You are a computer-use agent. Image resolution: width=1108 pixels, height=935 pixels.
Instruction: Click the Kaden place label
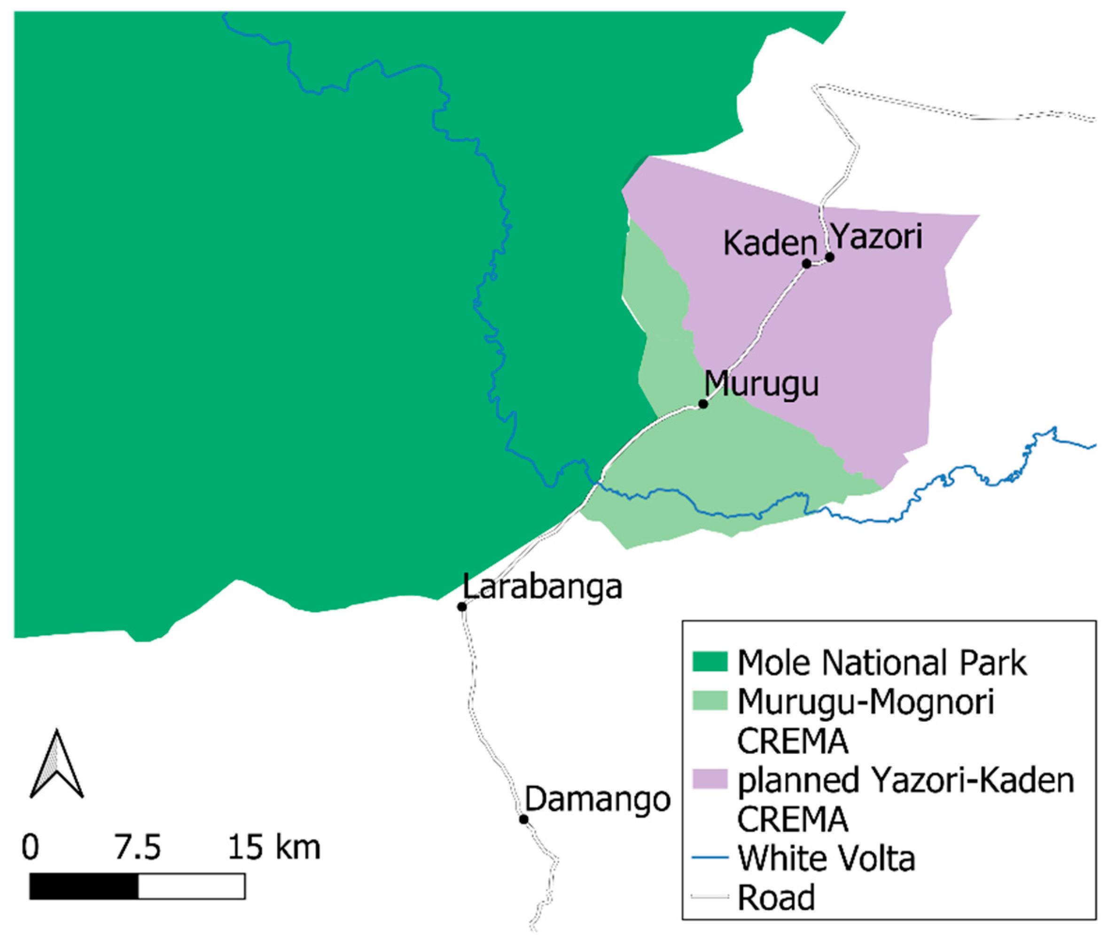(770, 244)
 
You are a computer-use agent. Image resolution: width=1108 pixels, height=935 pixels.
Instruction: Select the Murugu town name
(762, 383)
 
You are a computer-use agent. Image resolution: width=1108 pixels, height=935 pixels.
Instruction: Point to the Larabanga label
(542, 587)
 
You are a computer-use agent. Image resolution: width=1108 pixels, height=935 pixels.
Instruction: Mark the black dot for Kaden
(806, 263)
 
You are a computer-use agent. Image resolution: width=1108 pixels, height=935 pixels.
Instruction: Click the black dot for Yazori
(829, 257)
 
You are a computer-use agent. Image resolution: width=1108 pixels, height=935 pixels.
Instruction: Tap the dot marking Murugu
(703, 404)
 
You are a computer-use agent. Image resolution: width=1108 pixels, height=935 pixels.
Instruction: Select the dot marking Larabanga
(462, 607)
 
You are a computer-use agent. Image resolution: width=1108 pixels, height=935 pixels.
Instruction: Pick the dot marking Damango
(523, 819)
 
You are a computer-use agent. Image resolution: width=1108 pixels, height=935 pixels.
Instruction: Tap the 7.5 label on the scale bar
(138, 848)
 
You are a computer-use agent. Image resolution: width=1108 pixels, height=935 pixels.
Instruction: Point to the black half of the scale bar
(84, 886)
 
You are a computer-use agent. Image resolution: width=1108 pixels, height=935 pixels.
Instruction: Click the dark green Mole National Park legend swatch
(710, 663)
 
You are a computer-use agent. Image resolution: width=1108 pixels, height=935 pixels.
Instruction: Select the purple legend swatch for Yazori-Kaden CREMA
(710, 780)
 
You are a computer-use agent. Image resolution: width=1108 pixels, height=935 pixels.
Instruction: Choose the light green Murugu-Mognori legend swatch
(710, 702)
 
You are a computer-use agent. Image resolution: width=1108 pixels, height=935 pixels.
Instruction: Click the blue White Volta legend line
(710, 858)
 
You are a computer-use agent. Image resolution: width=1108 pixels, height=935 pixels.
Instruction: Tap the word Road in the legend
(776, 898)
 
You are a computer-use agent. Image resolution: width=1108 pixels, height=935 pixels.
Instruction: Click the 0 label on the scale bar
(30, 848)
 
